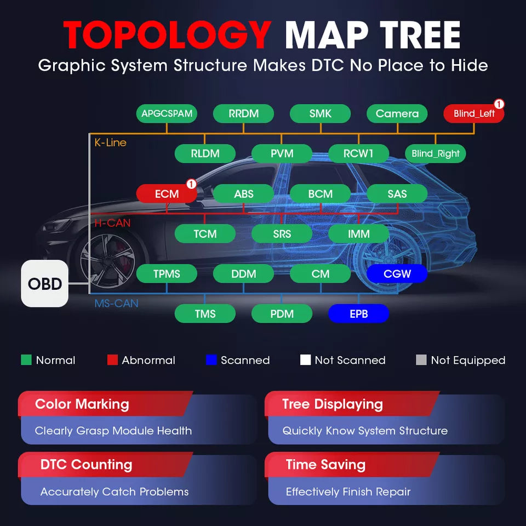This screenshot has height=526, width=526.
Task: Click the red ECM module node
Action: pyautogui.click(x=167, y=193)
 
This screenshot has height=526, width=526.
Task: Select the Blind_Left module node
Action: pyautogui.click(x=473, y=113)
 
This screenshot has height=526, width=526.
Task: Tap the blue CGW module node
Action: pyautogui.click(x=397, y=274)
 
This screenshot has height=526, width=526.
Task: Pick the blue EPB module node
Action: pyautogui.click(x=358, y=313)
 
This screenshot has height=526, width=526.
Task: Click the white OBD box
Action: pyautogui.click(x=44, y=283)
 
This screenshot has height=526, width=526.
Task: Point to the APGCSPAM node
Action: pyautogui.click(x=167, y=113)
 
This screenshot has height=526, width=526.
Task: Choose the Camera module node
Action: pyautogui.click(x=397, y=113)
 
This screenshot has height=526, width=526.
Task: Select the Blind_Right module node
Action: pyautogui.click(x=436, y=153)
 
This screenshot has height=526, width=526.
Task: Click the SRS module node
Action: pyautogui.click(x=282, y=233)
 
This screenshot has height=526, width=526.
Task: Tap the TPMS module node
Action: pyautogui.click(x=167, y=274)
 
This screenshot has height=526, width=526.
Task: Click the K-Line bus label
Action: pyautogui.click(x=110, y=142)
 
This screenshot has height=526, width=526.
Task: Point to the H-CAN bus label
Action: pyautogui.click(x=112, y=223)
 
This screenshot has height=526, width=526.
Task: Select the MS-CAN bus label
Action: pyautogui.click(x=116, y=303)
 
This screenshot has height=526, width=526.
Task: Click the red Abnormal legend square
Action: pyautogui.click(x=112, y=359)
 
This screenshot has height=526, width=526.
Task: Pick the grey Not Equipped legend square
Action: pyautogui.click(x=421, y=359)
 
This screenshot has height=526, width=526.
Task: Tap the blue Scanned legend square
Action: pyautogui.click(x=211, y=359)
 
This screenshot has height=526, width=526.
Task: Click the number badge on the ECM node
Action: pyautogui.click(x=191, y=184)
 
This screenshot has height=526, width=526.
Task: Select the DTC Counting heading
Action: pyautogui.click(x=86, y=465)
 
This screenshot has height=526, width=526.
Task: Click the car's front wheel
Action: pyautogui.click(x=107, y=261)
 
